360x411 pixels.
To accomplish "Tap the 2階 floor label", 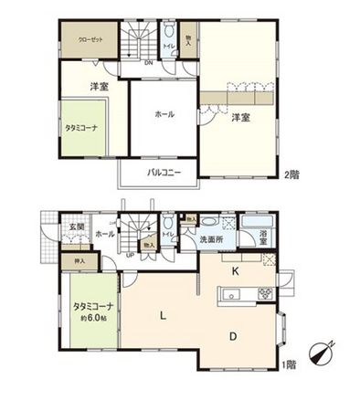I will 291,174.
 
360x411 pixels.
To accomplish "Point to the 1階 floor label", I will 290,364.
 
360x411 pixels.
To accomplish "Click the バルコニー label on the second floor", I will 164,172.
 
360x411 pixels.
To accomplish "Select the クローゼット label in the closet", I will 89,40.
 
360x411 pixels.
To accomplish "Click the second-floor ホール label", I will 164,114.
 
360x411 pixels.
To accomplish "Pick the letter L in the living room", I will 163,316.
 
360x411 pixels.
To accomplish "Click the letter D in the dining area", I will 234,336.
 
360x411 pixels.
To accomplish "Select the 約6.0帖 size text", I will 90,318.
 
